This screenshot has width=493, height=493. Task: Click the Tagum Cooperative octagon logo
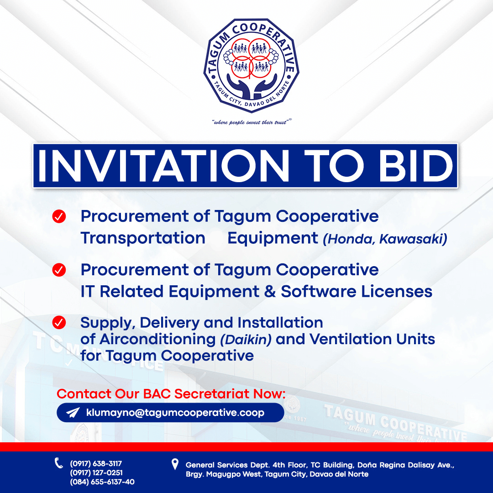(251, 65)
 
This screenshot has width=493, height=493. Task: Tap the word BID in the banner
(416, 166)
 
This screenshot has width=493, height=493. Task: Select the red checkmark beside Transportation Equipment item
(59, 216)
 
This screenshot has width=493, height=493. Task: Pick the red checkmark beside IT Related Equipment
(59, 270)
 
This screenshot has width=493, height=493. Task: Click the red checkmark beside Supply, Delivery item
(59, 323)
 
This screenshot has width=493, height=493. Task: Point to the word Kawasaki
(413, 239)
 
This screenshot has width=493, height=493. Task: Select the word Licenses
(397, 291)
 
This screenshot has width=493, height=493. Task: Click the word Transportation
(143, 238)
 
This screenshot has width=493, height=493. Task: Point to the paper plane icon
(73, 413)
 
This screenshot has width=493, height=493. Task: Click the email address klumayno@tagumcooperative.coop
(175, 413)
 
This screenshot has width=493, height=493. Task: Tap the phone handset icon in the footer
(59, 463)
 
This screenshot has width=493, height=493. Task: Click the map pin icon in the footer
(175, 464)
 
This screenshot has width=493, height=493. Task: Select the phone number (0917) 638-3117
(96, 463)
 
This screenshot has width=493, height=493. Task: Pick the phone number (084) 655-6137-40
(102, 482)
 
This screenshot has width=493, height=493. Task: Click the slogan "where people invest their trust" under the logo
(251, 122)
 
